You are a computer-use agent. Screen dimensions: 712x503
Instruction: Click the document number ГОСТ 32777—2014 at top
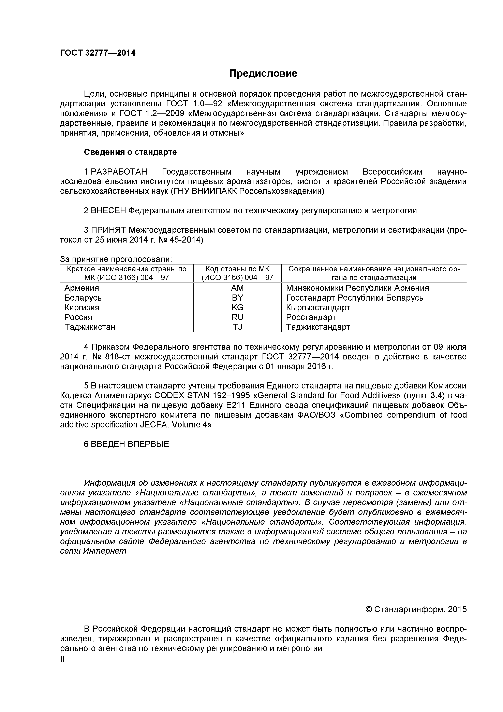coord(98,53)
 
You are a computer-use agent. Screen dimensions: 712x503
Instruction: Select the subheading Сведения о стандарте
coord(130,152)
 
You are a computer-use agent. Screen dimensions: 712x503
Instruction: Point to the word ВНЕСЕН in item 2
coord(108,210)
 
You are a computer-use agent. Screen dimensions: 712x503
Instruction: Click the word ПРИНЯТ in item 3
coord(109,230)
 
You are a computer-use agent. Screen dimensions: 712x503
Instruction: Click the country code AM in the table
coord(237,288)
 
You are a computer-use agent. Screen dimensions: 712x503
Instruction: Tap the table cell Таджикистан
coord(90,327)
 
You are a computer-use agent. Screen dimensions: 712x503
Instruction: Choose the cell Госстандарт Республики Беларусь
coord(354,298)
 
